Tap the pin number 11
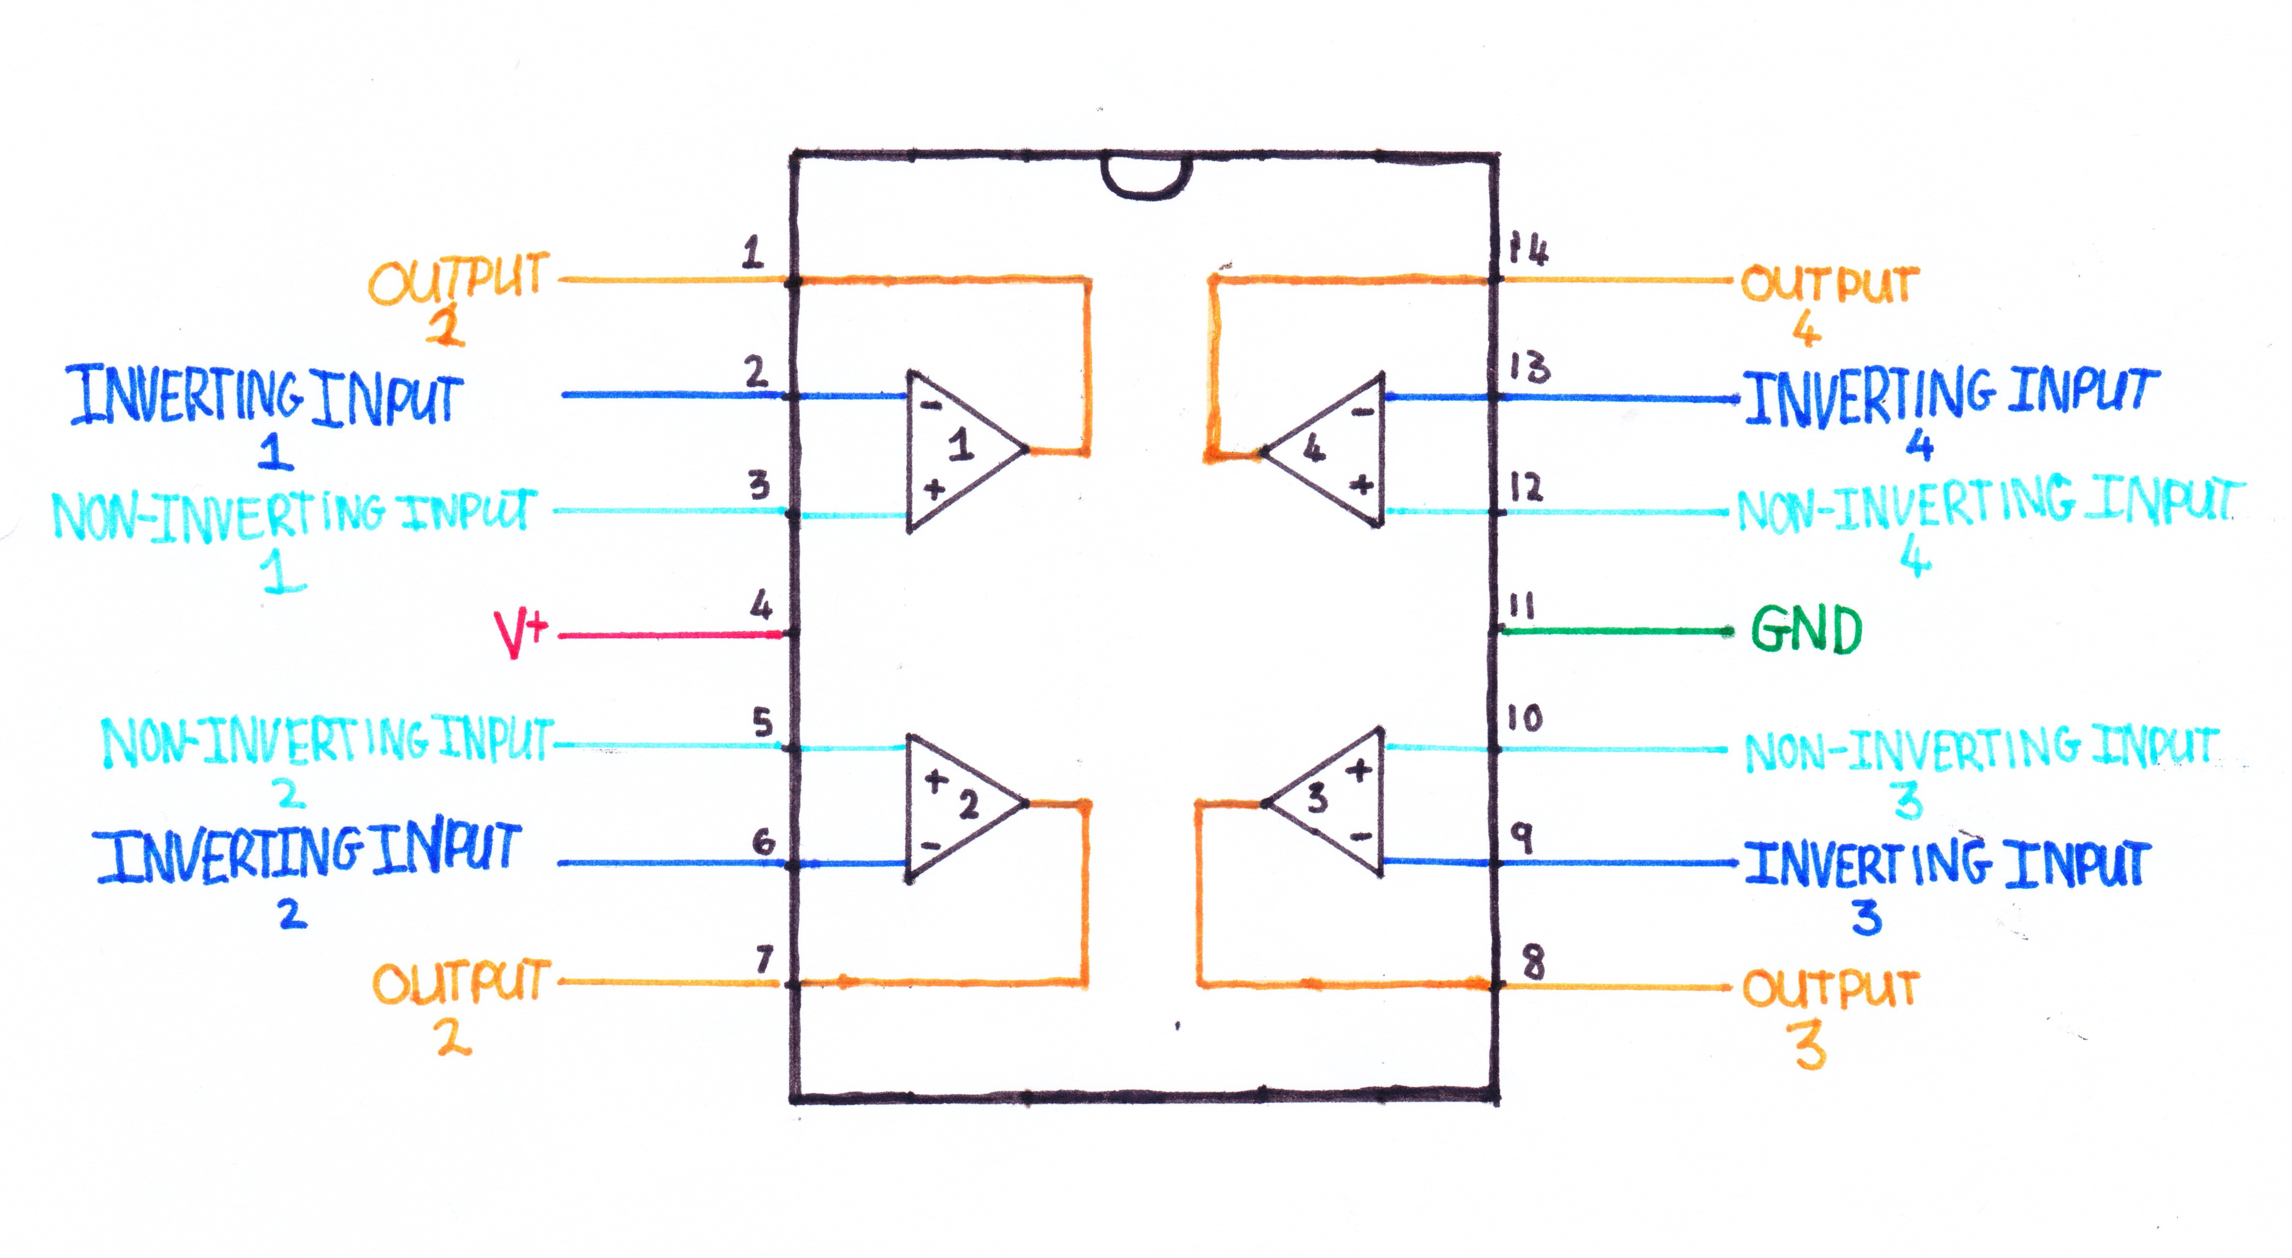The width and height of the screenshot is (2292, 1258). click(x=1522, y=607)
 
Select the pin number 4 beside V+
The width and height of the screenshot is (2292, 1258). click(x=761, y=607)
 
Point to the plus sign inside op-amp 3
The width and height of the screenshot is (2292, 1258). click(x=1359, y=771)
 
